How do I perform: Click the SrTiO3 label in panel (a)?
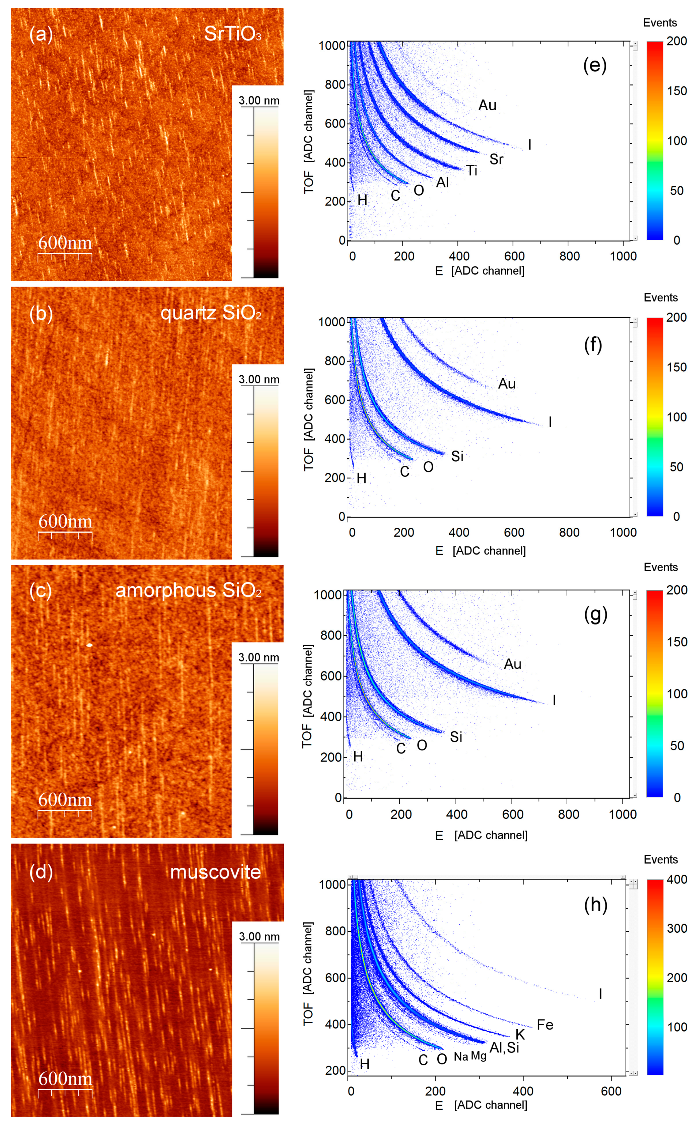pyautogui.click(x=233, y=34)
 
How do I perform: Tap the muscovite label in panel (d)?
pyautogui.click(x=215, y=872)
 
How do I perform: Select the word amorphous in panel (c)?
pyautogui.click(x=166, y=590)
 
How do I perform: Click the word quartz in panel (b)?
pyautogui.click(x=188, y=313)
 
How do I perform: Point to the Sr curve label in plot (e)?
pyautogui.click(x=496, y=159)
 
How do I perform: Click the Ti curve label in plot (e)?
pyautogui.click(x=471, y=171)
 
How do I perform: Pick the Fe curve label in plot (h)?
pyautogui.click(x=545, y=1025)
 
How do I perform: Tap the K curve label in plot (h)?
pyautogui.click(x=520, y=1035)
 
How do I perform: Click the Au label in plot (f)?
pyautogui.click(x=506, y=384)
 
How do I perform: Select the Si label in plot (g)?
pyautogui.click(x=456, y=737)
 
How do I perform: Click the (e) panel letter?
pyautogui.click(x=594, y=65)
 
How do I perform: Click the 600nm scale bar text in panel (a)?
pyautogui.click(x=65, y=243)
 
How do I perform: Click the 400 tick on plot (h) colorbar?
pyautogui.click(x=677, y=879)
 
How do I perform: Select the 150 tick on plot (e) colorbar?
pyautogui.click(x=677, y=91)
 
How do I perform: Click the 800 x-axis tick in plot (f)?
pyautogui.click(x=569, y=532)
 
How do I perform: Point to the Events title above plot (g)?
pyautogui.click(x=660, y=567)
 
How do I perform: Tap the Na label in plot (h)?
pyautogui.click(x=461, y=1057)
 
